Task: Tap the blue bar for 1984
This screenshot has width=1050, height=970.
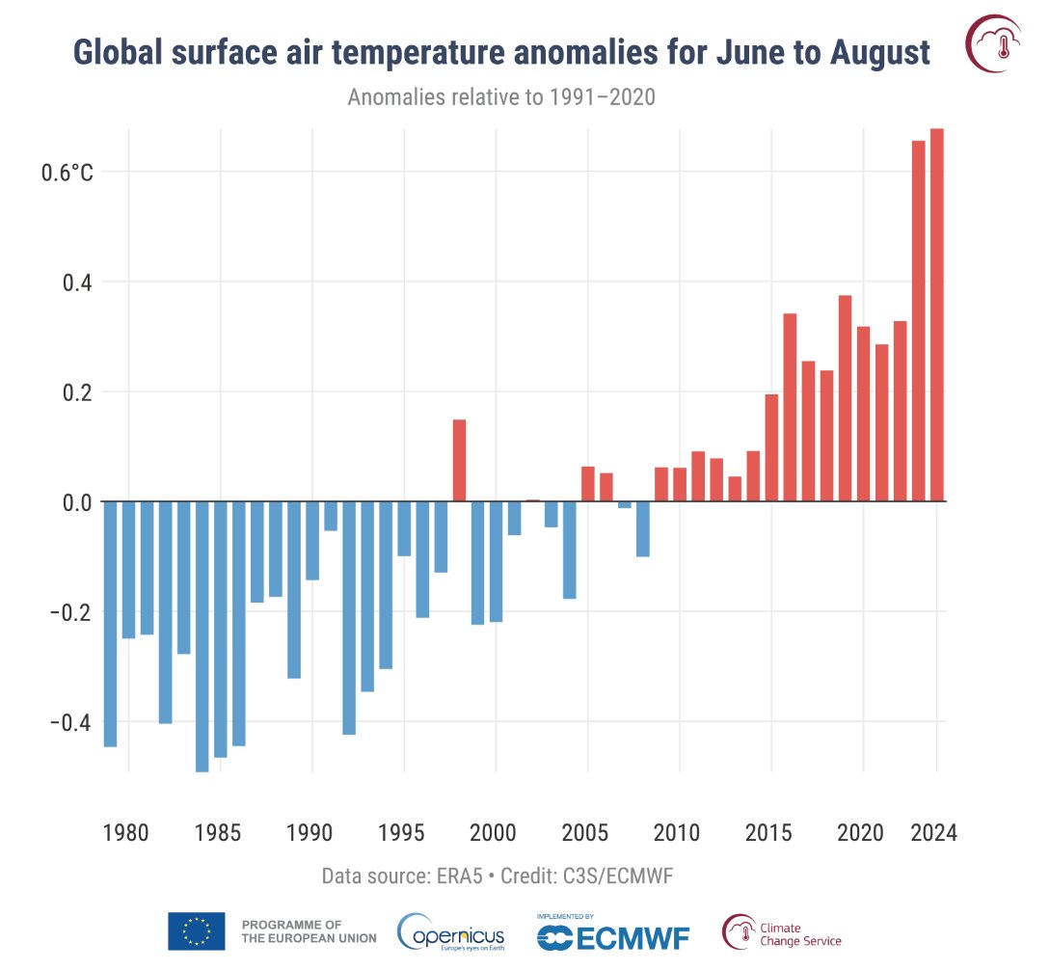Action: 202,635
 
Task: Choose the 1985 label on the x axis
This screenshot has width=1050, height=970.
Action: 219,832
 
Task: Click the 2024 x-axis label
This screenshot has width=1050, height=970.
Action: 933,832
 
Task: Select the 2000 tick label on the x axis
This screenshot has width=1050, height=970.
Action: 495,832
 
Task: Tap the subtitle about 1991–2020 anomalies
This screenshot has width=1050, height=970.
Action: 501,98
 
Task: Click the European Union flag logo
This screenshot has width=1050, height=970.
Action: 197,931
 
